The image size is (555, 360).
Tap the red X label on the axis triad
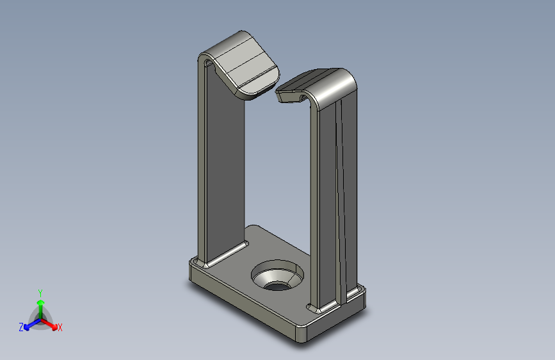60,327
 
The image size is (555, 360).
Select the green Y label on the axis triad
40,292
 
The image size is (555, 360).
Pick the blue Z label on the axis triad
21,327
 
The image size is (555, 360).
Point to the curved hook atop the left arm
243,64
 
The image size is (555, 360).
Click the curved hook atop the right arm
326,86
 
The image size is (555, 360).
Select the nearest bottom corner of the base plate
302,338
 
